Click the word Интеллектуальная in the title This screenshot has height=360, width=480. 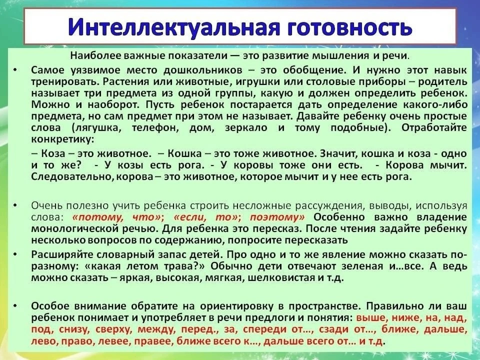click(x=174, y=27)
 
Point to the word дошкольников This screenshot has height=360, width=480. click(x=202, y=70)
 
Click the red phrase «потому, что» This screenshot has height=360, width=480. click(x=116, y=217)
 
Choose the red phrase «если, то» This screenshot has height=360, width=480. click(x=205, y=217)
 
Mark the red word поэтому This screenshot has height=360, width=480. click(x=277, y=217)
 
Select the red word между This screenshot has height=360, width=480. click(x=156, y=329)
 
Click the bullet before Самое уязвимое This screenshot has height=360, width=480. click(x=15, y=70)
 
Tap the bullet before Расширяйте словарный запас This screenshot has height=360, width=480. click(x=15, y=254)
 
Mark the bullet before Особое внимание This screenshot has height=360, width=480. click(x=15, y=306)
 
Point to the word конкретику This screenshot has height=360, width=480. click(x=63, y=139)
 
